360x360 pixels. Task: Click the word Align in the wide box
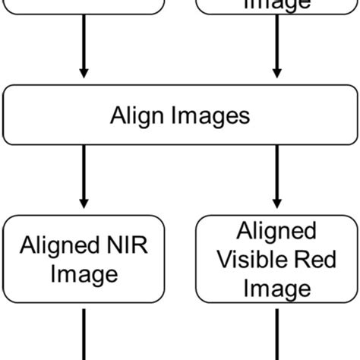pyautogui.click(x=137, y=115)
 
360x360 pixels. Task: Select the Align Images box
pyautogui.click(x=179, y=115)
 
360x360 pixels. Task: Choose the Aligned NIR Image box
pyautogui.click(x=84, y=258)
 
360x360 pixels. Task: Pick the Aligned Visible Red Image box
pyautogui.click(x=276, y=258)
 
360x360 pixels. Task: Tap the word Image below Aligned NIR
pyautogui.click(x=84, y=273)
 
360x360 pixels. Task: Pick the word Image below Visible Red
pyautogui.click(x=276, y=289)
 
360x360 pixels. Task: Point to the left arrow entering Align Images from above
pyautogui.click(x=84, y=46)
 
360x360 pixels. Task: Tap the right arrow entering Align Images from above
pyautogui.click(x=276, y=46)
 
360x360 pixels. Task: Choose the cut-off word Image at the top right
pyautogui.click(x=276, y=4)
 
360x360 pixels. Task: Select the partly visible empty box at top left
pyautogui.click(x=84, y=6)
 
